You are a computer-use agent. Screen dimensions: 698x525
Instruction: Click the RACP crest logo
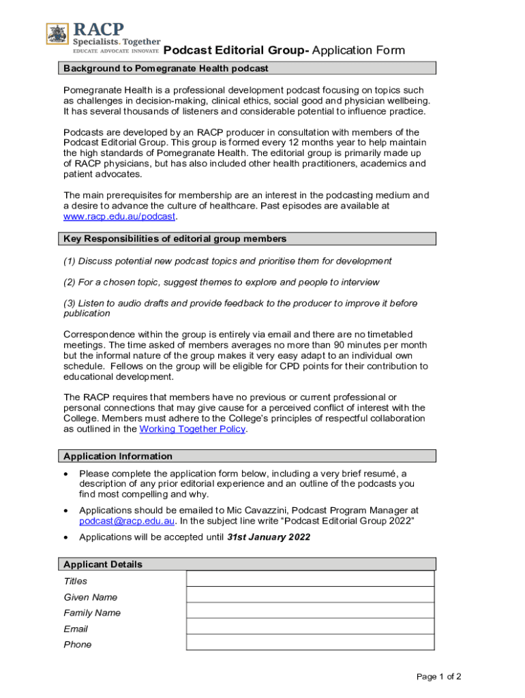[57, 34]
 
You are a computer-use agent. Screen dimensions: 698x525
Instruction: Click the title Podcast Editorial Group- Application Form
[284, 50]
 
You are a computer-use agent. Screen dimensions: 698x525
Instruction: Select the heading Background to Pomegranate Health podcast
[166, 68]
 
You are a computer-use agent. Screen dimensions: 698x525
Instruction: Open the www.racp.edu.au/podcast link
[119, 217]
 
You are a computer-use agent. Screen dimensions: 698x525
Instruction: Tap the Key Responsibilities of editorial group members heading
[175, 239]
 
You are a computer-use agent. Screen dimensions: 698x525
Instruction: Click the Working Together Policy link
[192, 429]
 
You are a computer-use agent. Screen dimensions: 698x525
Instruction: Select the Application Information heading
[118, 456]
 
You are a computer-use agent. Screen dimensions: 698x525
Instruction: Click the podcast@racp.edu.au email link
[127, 521]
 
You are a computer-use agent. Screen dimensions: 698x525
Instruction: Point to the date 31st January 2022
[268, 537]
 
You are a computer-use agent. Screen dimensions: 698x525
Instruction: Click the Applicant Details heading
[103, 564]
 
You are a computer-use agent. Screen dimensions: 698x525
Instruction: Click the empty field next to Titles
[310, 579]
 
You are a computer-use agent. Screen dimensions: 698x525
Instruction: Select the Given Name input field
[310, 594]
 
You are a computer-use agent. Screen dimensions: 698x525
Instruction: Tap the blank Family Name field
[310, 610]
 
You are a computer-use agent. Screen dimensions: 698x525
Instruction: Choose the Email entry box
[310, 626]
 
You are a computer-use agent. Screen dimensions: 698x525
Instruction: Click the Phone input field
[310, 642]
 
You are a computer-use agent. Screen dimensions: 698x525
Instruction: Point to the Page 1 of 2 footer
[438, 677]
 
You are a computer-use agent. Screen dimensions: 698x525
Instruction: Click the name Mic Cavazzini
[310, 510]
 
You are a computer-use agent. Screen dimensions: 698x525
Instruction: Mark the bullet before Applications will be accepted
[65, 537]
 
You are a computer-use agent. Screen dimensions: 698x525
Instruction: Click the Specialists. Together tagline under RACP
[117, 42]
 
